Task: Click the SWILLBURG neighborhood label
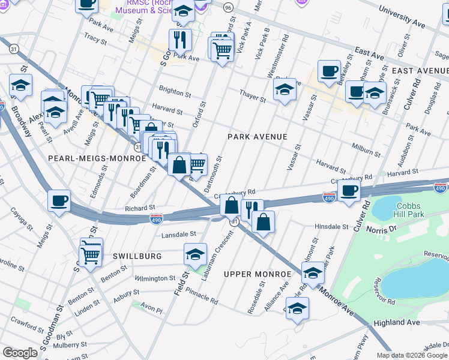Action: tap(137, 256)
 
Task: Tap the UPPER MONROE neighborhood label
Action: tap(256, 274)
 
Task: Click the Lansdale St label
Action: tap(178, 234)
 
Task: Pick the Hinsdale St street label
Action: tap(332, 227)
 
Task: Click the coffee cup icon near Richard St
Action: tap(59, 201)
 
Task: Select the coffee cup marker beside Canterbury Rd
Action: tap(348, 190)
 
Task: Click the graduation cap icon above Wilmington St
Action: tap(194, 254)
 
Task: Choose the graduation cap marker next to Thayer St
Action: tap(284, 91)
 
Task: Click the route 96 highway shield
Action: tap(228, 7)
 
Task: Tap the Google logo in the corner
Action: tap(20, 353)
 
